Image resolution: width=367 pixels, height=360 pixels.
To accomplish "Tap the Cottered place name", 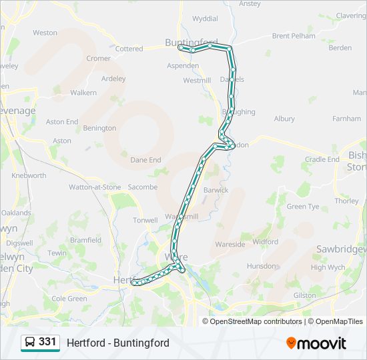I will [129, 49].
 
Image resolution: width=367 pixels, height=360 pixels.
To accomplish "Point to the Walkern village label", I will [83, 93].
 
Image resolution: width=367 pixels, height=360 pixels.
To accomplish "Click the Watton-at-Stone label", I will [95, 187].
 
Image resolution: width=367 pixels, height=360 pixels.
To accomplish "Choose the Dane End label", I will [145, 160].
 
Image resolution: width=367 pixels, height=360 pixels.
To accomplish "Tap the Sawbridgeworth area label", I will [343, 249].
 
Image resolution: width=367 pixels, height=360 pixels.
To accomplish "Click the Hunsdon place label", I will [261, 266].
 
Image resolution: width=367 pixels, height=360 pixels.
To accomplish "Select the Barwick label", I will [216, 190].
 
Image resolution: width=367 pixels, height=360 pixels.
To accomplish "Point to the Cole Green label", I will [69, 299].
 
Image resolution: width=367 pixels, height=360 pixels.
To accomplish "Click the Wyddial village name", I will [205, 19].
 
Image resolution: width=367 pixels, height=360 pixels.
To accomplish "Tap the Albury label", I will [284, 119].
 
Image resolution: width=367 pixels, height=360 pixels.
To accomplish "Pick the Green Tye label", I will [303, 207].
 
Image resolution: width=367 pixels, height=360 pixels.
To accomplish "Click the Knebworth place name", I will [29, 175].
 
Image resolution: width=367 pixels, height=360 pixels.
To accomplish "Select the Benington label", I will [100, 128].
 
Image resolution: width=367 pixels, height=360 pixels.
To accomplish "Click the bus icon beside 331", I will [30, 343].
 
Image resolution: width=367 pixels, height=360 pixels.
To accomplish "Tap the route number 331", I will [47, 342].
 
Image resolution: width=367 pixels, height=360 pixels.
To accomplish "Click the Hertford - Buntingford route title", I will [118, 343].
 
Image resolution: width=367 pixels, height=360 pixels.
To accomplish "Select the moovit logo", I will [316, 343].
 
